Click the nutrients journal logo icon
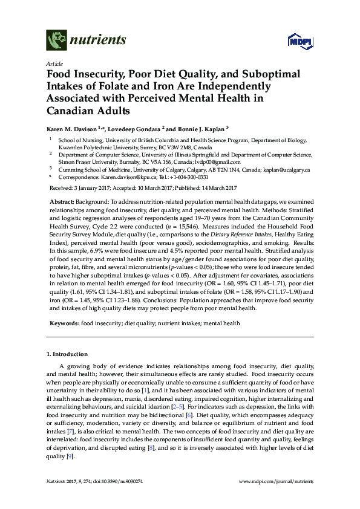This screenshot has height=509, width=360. click(56, 41)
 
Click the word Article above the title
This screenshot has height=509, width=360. click(54, 63)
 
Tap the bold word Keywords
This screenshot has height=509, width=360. click(64, 323)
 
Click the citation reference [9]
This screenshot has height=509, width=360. click(71, 456)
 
